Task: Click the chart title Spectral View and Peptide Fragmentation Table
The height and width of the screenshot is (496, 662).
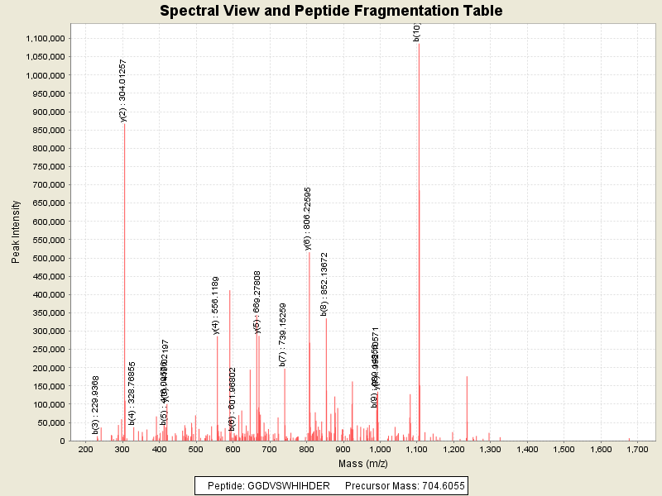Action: tap(331, 12)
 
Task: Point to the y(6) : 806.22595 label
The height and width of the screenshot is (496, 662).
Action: tap(308, 218)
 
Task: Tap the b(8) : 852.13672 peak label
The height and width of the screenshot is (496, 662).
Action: tap(324, 284)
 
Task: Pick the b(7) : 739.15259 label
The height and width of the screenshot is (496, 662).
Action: tap(283, 334)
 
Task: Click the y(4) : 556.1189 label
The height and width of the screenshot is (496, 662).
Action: tap(216, 305)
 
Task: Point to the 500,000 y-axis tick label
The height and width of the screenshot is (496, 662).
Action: tap(47, 258)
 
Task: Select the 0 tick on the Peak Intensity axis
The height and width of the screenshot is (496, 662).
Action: tap(62, 441)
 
